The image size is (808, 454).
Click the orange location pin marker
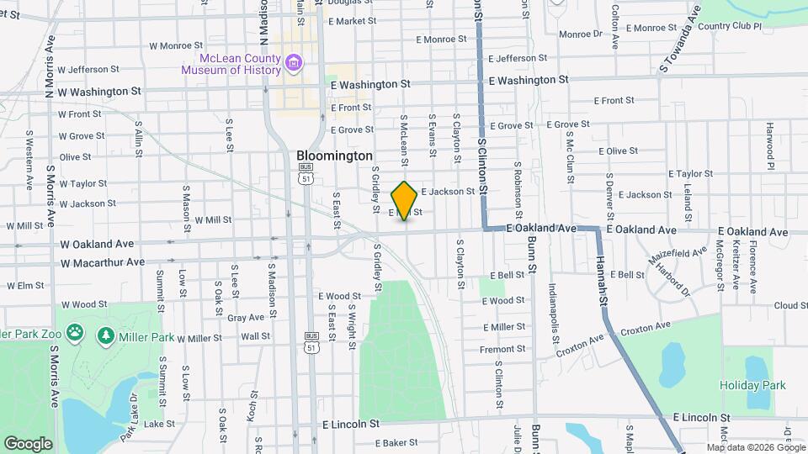[x=404, y=200]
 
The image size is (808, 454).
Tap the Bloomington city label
[x=334, y=156]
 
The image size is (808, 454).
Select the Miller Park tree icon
[x=106, y=335]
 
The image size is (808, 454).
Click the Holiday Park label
[x=752, y=385]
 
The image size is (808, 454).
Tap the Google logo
[x=28, y=443]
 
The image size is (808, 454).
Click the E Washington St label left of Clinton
[x=370, y=84]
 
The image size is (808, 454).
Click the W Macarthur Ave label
[x=103, y=262]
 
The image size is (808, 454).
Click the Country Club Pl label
[x=729, y=27]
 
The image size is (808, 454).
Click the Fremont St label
[x=502, y=349]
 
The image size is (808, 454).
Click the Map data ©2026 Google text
[x=755, y=447]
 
